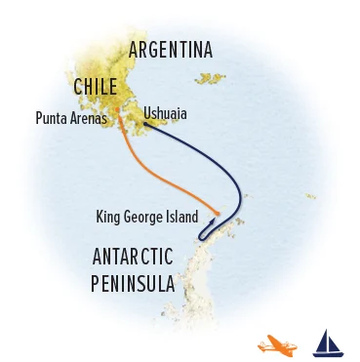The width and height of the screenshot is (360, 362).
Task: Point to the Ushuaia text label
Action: pos(165,114)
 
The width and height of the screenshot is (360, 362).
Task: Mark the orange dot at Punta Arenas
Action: pos(119,123)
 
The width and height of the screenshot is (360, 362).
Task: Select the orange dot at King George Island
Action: pos(217,214)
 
